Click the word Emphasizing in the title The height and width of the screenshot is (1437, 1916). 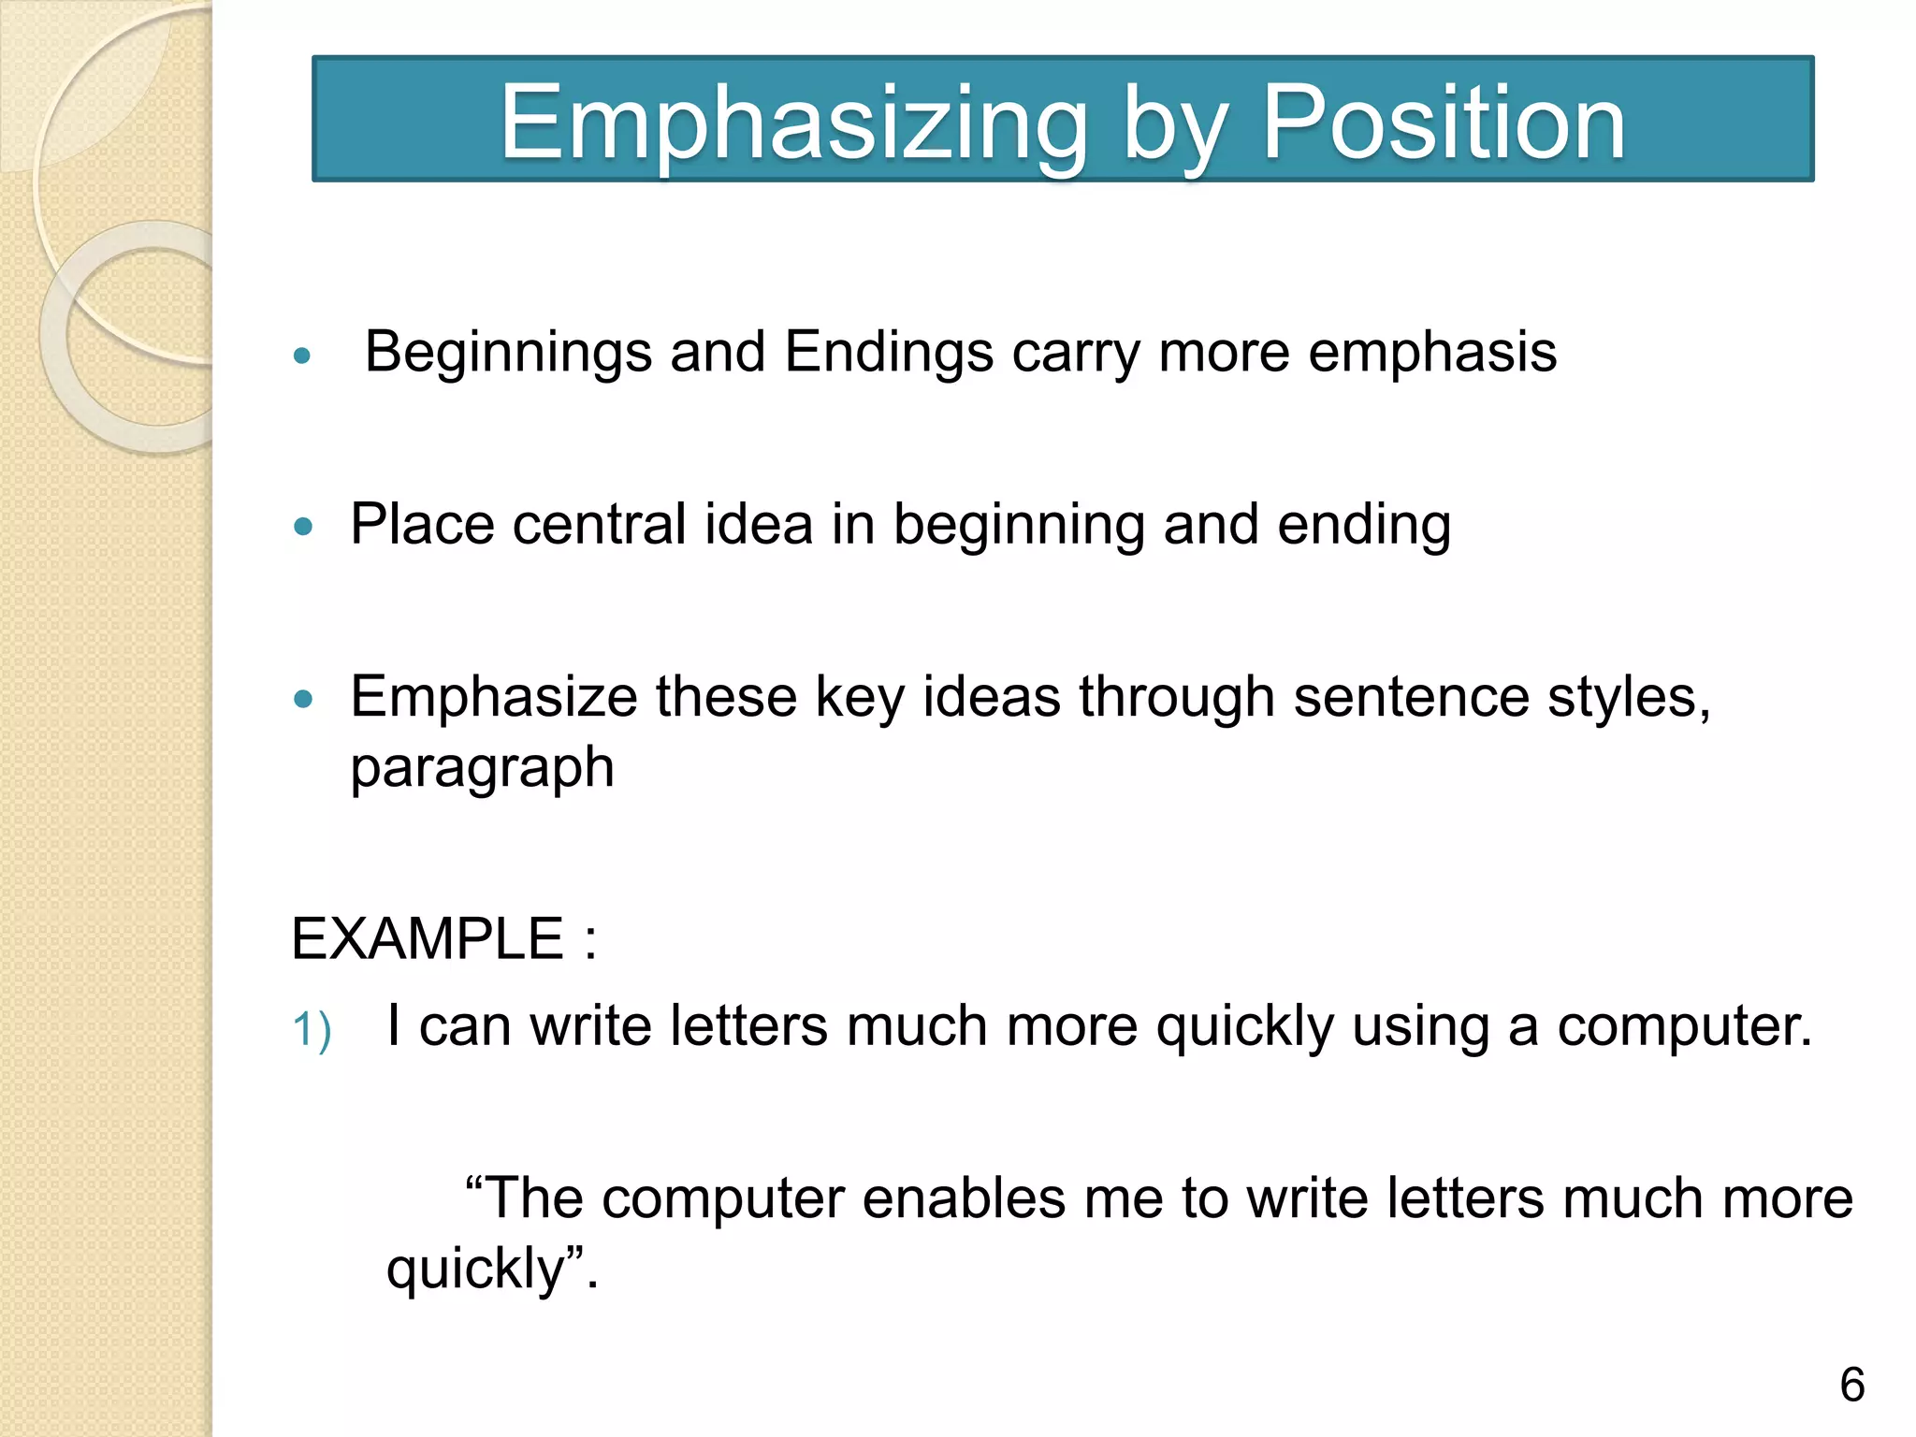click(x=794, y=124)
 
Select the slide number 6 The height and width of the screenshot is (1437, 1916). click(x=1851, y=1385)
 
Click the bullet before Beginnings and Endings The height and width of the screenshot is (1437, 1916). click(x=301, y=356)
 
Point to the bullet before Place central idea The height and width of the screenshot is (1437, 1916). click(x=302, y=527)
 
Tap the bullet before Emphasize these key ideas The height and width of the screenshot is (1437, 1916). click(x=302, y=699)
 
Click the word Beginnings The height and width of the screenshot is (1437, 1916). click(x=508, y=354)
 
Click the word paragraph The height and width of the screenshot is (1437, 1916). click(x=482, y=769)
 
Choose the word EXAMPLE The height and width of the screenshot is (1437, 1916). click(x=428, y=938)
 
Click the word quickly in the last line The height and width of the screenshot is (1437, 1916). click(x=475, y=1270)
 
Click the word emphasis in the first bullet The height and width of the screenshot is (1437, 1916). click(x=1432, y=354)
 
